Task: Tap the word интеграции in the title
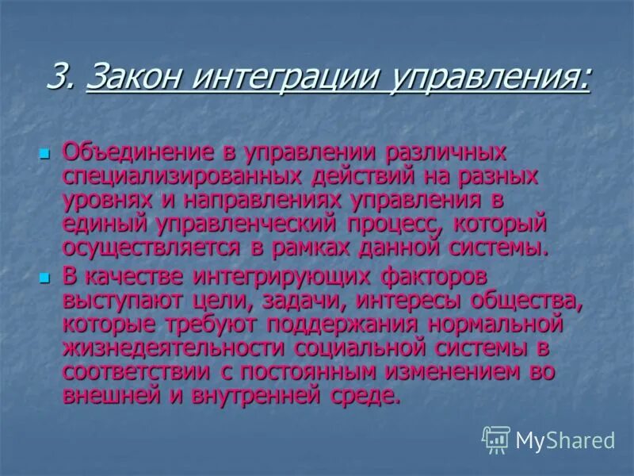pos(282,78)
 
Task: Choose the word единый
pos(103,223)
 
